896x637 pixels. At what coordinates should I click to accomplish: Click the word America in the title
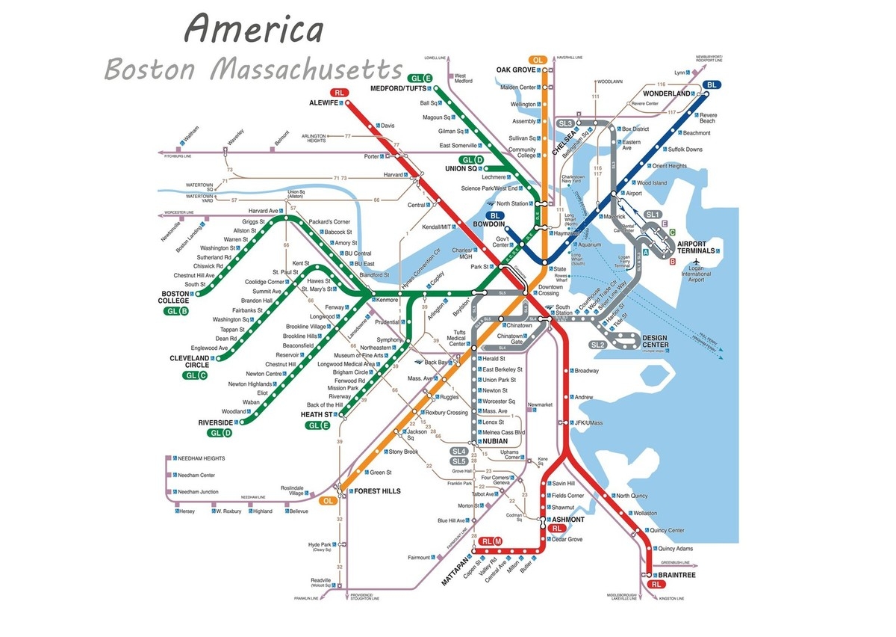pos(254,30)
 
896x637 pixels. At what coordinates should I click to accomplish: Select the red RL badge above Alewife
pos(340,92)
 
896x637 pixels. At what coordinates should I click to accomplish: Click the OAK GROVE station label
pos(516,70)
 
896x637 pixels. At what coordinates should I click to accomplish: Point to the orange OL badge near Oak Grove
pos(538,59)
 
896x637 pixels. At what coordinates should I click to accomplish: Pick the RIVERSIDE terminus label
pos(217,422)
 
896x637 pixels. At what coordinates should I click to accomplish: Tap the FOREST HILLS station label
pos(378,491)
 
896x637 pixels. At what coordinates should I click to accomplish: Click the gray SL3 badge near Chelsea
pos(565,123)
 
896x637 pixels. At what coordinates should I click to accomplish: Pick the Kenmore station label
pos(388,300)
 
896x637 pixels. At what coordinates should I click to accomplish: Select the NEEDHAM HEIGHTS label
pos(199,458)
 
